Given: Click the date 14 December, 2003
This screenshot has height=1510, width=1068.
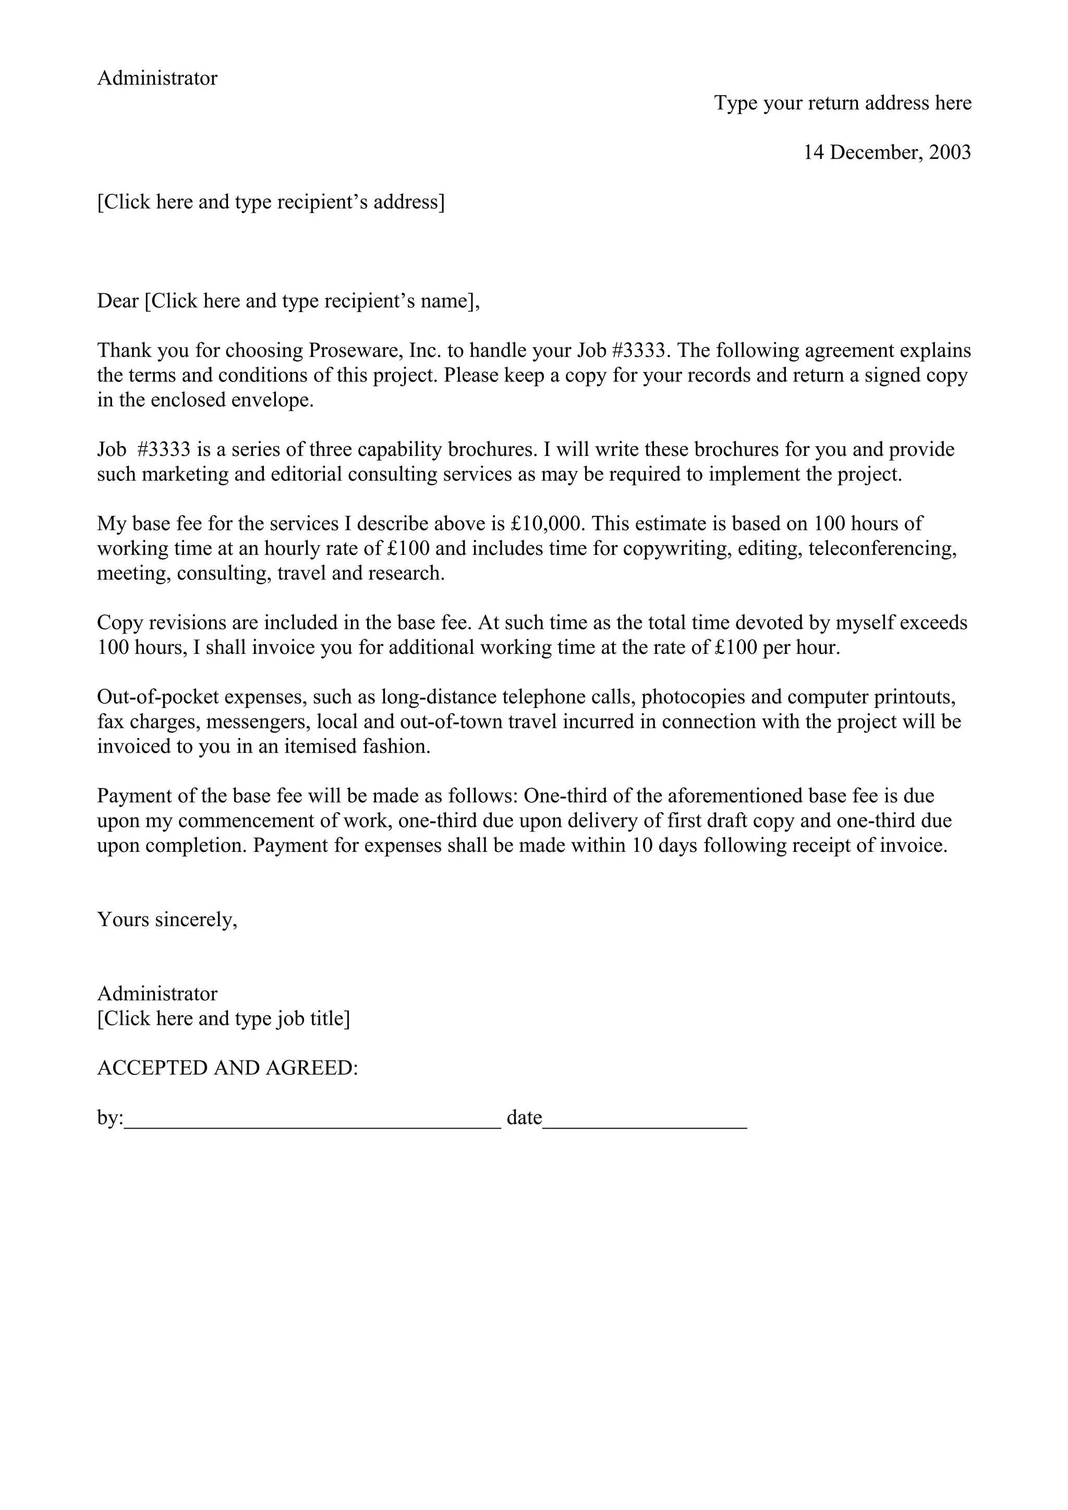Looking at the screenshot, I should [x=887, y=153].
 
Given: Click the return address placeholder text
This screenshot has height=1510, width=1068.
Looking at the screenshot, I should [x=842, y=103].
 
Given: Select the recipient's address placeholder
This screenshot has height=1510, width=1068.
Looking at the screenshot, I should [x=271, y=202].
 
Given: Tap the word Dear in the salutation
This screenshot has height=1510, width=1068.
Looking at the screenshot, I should [x=118, y=301].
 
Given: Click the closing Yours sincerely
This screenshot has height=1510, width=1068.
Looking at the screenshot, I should [x=167, y=920].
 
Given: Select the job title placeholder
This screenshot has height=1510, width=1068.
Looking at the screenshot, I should [x=224, y=1019].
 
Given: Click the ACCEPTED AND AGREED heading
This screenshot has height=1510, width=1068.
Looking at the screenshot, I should [x=228, y=1068].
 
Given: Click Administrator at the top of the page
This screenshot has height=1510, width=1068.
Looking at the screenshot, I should [x=157, y=78].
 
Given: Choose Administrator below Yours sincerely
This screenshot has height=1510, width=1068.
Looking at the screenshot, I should [x=157, y=994].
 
